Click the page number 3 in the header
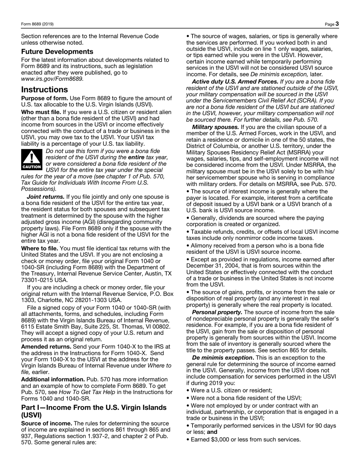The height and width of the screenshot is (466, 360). tap(337, 24)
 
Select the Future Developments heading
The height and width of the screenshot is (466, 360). tap(57, 52)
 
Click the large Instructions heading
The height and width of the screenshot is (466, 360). tap(44, 90)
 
